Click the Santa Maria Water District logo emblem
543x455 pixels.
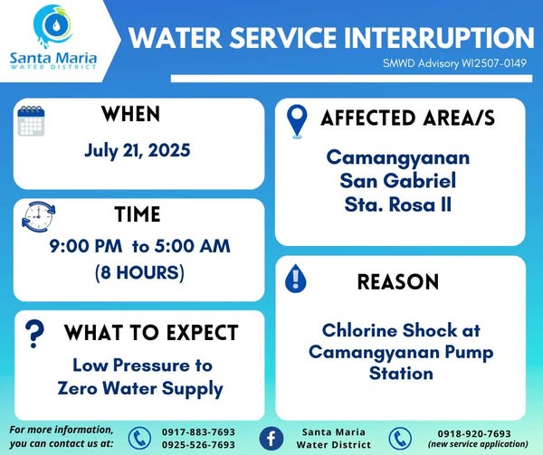(x=53, y=26)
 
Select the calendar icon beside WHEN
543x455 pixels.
(x=31, y=120)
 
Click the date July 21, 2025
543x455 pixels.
(x=138, y=150)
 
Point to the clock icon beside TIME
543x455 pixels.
(x=38, y=216)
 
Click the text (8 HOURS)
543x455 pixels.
(x=139, y=272)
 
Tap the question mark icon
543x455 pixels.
(x=34, y=333)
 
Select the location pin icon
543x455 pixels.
(x=297, y=121)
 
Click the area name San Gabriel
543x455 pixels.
(x=398, y=181)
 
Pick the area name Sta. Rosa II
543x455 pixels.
(x=398, y=204)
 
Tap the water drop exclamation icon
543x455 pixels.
(x=295, y=279)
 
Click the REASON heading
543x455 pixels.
(x=398, y=281)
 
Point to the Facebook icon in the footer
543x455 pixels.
(x=271, y=439)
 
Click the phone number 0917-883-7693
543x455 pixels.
(x=198, y=432)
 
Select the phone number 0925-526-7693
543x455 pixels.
(x=198, y=445)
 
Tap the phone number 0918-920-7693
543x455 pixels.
(x=474, y=433)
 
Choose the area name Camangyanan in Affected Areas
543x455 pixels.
(x=398, y=158)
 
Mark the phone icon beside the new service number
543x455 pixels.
(x=400, y=439)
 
